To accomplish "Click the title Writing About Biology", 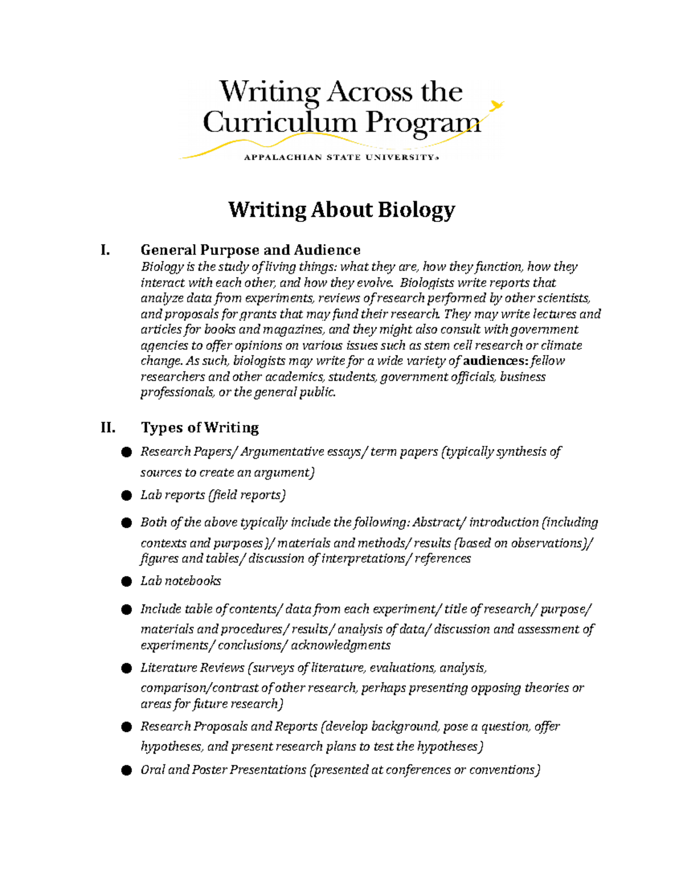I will (x=341, y=209).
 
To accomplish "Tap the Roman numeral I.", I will (x=104, y=250).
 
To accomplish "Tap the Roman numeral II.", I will (x=108, y=427).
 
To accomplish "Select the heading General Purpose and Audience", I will (x=250, y=250).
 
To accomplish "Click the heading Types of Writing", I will (x=200, y=427).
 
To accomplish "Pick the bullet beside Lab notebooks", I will (x=126, y=581).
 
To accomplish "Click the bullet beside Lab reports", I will (x=126, y=495).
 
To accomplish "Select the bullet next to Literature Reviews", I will (x=126, y=668).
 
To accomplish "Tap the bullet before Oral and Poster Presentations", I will (x=126, y=770).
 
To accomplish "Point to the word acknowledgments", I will (x=340, y=645).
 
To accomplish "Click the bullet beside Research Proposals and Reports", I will (x=126, y=727).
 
